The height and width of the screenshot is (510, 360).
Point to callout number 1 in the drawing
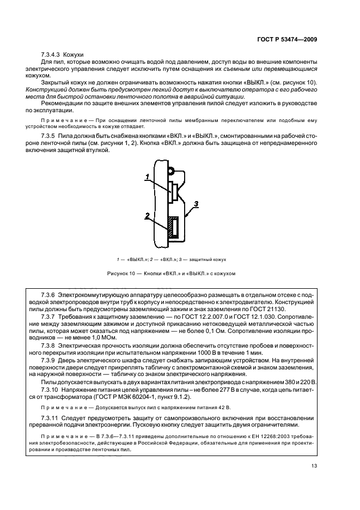coord(147,176)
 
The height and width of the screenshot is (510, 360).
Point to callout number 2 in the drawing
coord(147,216)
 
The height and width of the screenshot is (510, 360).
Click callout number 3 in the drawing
coord(196,203)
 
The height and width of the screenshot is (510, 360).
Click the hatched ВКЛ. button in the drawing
coord(173,227)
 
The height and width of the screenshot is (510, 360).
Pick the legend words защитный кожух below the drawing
coord(209,259)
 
